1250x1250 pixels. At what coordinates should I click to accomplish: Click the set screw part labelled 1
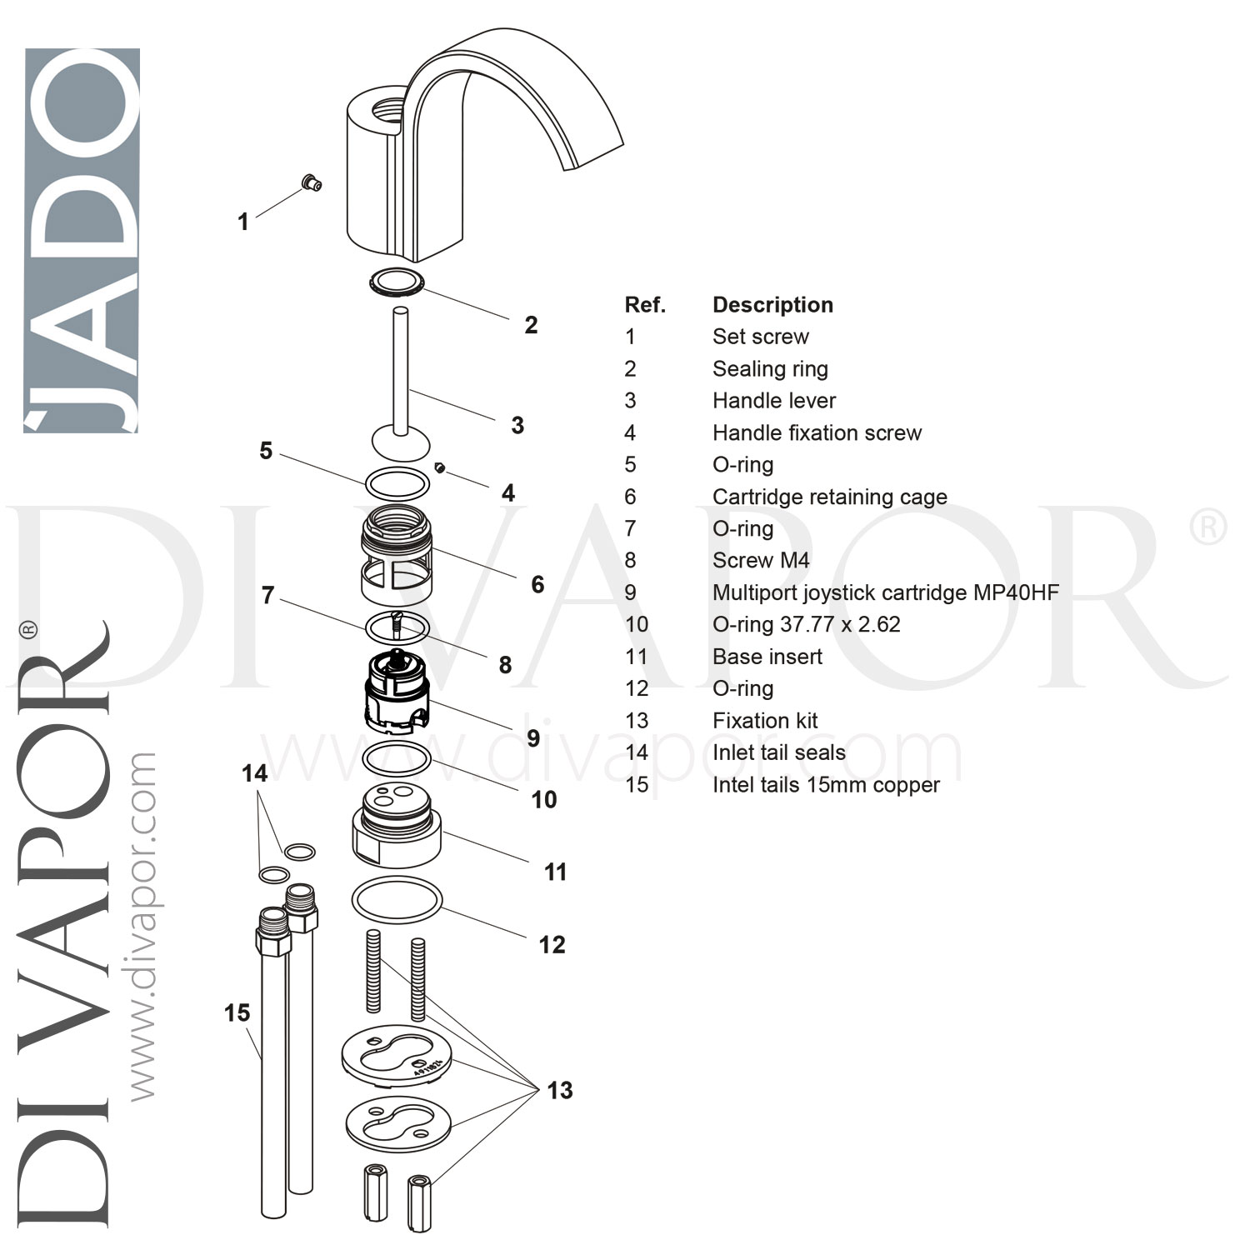point(312,182)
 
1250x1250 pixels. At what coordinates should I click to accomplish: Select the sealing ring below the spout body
point(397,282)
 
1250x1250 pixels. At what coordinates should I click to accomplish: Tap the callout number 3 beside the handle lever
point(517,426)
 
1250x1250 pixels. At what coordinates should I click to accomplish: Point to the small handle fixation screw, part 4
point(439,468)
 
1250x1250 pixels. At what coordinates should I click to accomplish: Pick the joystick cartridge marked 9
point(397,692)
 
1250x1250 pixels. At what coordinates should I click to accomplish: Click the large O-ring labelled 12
point(397,902)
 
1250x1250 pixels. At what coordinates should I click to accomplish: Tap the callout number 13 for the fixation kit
point(560,1091)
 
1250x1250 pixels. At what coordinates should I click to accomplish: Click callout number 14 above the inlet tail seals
point(254,774)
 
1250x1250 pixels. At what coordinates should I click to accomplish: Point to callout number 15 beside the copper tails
point(237,1013)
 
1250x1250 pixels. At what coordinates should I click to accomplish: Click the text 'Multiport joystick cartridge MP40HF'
point(885,592)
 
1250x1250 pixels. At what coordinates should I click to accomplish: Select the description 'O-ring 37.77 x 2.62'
point(806,624)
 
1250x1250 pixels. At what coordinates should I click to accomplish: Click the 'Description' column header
point(772,305)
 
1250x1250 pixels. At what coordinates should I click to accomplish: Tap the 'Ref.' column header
point(645,305)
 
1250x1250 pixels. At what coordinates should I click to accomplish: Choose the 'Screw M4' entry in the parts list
point(761,561)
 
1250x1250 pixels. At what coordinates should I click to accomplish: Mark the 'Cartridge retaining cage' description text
point(829,497)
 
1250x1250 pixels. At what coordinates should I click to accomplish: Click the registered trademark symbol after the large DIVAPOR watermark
point(1206,528)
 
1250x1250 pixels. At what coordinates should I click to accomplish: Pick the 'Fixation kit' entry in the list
point(765,721)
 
